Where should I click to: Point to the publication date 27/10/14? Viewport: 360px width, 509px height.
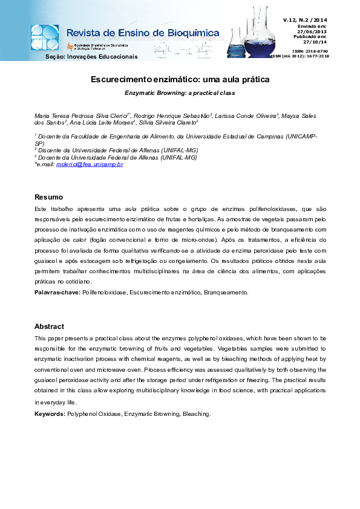point(315,42)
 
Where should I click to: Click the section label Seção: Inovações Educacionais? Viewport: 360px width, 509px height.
point(92,57)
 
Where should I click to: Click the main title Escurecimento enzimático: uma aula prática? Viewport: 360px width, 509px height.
point(180,79)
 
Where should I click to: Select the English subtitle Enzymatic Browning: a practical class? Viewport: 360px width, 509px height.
point(180,93)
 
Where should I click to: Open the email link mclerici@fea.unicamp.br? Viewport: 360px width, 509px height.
point(90,164)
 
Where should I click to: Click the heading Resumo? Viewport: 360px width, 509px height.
point(48,197)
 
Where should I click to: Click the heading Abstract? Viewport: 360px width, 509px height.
point(49,326)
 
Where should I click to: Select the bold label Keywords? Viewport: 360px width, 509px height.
point(50,414)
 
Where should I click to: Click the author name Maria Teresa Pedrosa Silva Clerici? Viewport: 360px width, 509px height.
point(81,115)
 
